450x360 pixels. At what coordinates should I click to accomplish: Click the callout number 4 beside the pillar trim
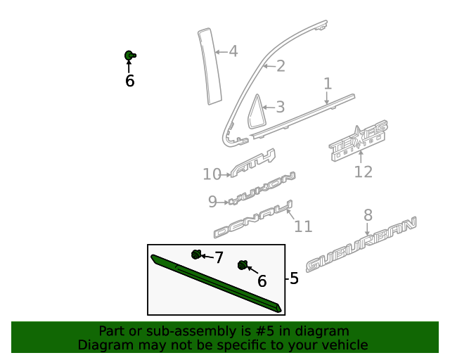233,51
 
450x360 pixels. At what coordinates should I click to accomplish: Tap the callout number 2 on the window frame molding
280,67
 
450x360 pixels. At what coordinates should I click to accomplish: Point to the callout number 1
328,84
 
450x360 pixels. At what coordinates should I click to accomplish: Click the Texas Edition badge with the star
359,136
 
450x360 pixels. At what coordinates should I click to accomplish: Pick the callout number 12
363,172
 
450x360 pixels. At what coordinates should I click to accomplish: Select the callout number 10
212,174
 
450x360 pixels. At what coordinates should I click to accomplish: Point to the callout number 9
213,202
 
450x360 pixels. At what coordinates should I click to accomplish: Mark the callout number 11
302,226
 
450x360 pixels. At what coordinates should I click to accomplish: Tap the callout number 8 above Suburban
368,215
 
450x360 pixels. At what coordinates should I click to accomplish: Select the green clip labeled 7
196,255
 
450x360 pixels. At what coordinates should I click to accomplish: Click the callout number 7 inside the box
219,258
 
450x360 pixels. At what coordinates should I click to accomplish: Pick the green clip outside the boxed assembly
130,55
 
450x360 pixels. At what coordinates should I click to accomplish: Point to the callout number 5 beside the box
294,278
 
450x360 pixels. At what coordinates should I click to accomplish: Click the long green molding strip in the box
214,282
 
